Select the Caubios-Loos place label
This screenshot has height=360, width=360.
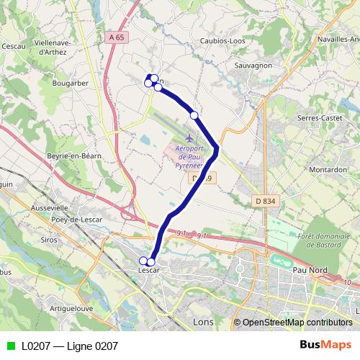click(222, 41)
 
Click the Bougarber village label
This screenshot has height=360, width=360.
click(70, 83)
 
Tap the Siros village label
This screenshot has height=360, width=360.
click(49, 239)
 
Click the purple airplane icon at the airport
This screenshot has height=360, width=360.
click(189, 138)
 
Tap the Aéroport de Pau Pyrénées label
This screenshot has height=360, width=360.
click(192, 156)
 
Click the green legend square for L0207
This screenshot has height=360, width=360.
click(10, 346)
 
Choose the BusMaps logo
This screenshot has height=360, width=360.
click(325, 345)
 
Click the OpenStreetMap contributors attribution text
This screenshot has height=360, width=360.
click(292, 323)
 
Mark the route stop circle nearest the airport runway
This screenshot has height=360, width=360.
click(194, 115)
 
